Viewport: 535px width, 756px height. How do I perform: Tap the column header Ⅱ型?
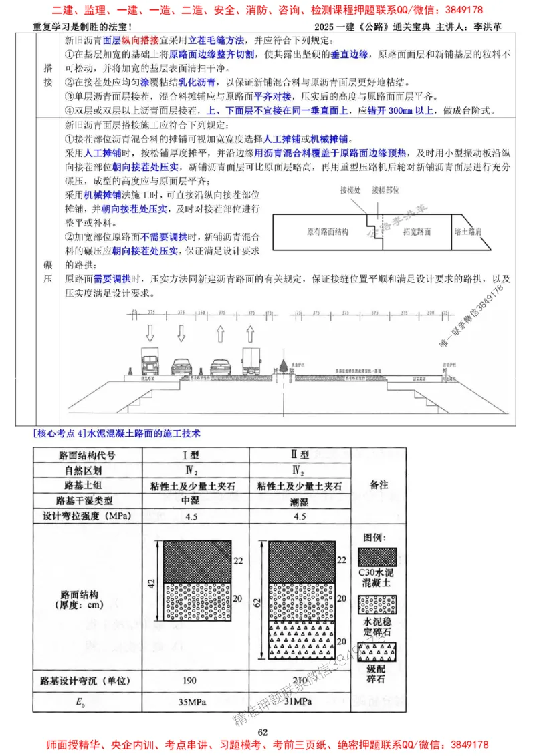[300, 455]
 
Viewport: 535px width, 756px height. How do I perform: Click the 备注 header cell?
[379, 486]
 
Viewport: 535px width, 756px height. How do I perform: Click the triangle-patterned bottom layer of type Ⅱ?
[301, 640]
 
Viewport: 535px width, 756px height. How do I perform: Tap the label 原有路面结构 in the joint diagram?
[328, 232]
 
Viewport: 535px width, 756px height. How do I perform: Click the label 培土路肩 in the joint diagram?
[469, 232]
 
